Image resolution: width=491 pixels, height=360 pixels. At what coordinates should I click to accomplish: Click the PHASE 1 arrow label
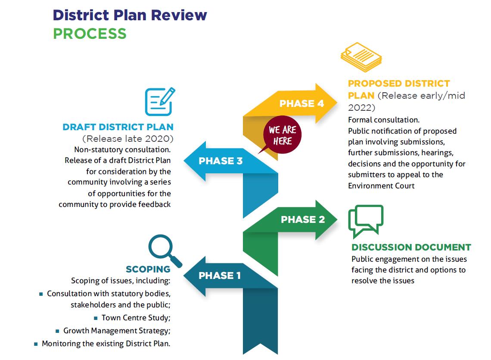(219, 275)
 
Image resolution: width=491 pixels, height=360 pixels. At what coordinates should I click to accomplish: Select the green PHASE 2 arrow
(303, 219)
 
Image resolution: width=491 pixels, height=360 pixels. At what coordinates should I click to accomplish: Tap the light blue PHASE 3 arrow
(221, 161)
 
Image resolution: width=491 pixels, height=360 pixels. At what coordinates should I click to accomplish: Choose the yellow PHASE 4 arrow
(301, 103)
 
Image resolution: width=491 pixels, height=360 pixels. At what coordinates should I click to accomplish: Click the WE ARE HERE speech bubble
(282, 135)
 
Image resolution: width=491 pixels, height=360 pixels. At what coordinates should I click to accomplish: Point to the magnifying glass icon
(164, 250)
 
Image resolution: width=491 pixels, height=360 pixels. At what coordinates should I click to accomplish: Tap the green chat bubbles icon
(365, 221)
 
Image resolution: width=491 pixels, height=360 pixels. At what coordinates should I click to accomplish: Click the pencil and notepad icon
(160, 101)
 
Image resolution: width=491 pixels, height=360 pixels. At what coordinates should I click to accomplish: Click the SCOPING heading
(148, 269)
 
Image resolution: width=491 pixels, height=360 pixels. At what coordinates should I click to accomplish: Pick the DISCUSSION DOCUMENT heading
(411, 247)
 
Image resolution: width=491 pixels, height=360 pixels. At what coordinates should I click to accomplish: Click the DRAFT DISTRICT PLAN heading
(118, 127)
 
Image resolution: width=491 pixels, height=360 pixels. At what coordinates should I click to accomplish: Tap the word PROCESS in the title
(90, 34)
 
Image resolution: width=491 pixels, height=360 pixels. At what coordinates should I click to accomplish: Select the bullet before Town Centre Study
(96, 318)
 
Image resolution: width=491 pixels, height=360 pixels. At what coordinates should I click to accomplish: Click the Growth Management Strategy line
(117, 331)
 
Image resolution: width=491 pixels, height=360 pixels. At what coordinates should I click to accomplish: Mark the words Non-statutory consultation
(122, 150)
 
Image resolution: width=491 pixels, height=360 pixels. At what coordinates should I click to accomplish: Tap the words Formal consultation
(383, 119)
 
